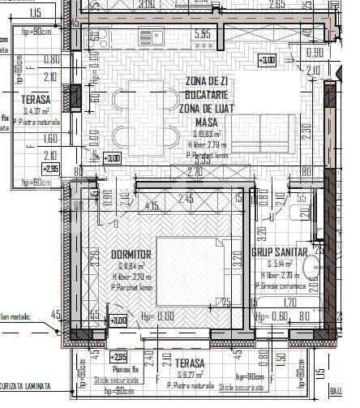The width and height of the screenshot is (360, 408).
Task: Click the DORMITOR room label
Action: [x=131, y=254]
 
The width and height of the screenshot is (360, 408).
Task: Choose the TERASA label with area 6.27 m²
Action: [x=186, y=364]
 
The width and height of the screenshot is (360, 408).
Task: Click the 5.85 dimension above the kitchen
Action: [x=202, y=34]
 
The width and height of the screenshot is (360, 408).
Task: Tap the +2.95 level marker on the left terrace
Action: [x=50, y=169]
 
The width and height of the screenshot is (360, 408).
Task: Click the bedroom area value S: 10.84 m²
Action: [x=129, y=265]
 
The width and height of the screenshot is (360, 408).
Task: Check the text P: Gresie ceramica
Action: [x=280, y=286]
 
